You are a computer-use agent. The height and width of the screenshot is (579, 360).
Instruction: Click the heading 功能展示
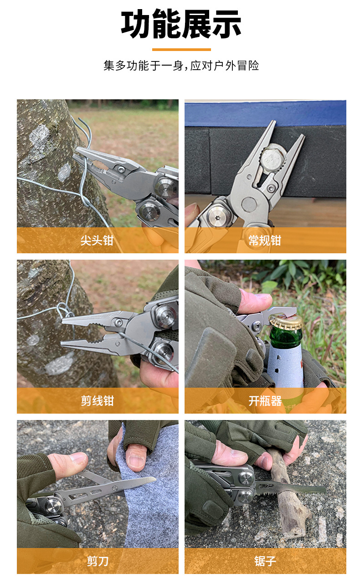click(x=181, y=24)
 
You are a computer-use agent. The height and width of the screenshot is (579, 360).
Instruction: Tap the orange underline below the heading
click(x=181, y=49)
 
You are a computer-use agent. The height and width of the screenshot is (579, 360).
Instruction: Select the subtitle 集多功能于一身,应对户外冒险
click(x=181, y=66)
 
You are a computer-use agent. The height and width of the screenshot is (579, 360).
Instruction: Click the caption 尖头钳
click(x=97, y=241)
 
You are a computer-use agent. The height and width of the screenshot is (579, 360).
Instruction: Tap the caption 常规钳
click(x=265, y=241)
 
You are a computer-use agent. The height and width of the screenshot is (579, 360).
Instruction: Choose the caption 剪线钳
click(x=97, y=400)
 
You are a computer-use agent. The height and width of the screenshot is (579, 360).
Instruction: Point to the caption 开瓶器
click(x=265, y=401)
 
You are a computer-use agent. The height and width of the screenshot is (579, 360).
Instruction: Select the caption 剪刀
click(x=97, y=561)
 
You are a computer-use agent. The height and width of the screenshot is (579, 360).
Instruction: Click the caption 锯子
click(x=265, y=561)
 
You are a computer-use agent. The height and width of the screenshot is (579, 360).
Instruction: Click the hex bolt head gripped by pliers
click(x=272, y=157)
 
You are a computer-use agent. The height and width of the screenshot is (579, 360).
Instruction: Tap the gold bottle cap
click(x=286, y=322)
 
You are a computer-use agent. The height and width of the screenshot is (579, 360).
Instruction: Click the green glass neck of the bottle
click(x=286, y=337)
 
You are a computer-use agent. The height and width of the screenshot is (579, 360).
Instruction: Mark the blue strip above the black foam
click(x=265, y=114)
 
